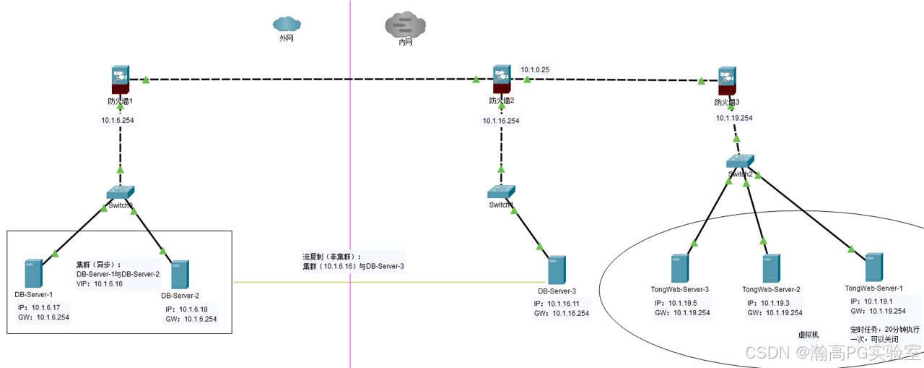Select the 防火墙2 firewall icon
click(502, 77)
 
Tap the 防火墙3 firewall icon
click(727, 79)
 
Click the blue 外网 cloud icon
click(286, 24)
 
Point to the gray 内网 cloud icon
click(406, 25)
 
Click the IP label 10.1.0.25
click(535, 70)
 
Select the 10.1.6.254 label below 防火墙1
click(118, 121)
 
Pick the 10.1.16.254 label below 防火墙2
click(501, 121)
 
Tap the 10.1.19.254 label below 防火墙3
click(734, 118)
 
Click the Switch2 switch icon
click(740, 162)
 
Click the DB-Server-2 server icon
click(180, 275)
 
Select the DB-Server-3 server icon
click(556, 270)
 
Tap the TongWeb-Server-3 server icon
click(679, 268)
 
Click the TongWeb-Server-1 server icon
click(874, 268)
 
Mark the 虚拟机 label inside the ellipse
click(808, 335)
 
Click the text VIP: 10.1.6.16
click(100, 284)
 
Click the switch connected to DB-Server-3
click(501, 192)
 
